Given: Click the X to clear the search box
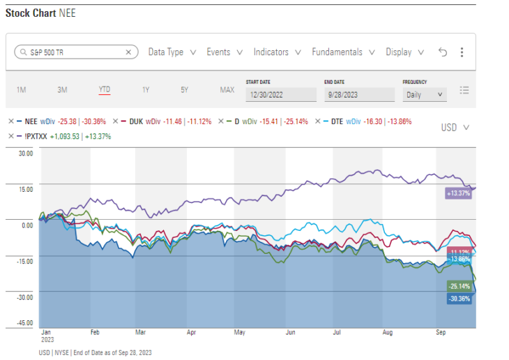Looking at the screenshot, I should coord(128,52).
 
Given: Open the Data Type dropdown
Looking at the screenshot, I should coord(172,52).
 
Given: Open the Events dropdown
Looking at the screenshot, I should coord(225,52).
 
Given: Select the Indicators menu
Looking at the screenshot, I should coord(277,52).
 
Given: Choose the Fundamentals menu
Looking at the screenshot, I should coord(342,52).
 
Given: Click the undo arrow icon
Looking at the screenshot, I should coord(442,52).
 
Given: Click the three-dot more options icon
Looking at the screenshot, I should coord(462,52).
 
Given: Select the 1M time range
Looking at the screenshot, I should coord(21,90).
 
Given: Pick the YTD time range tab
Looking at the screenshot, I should coord(105,90).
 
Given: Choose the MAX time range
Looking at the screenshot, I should coord(227,90).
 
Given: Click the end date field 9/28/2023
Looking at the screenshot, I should coord(359,94).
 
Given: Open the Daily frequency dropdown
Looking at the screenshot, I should coord(425,94).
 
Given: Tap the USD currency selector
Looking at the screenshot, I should coord(455,128).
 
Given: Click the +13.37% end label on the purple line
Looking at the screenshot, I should coord(458,193).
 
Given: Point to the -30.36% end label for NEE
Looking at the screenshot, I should coord(457,299).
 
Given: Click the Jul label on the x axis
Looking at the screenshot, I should coord(335,333).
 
